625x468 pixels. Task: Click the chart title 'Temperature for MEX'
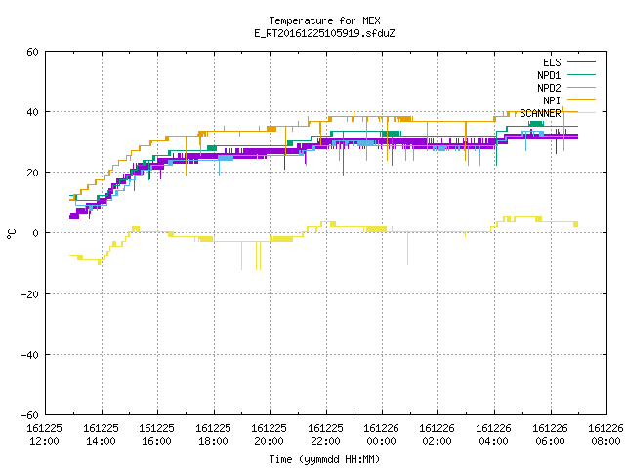click(x=324, y=20)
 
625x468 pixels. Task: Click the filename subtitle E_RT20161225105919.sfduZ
click(x=324, y=33)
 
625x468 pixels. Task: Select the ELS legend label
click(x=552, y=62)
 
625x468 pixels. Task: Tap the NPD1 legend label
click(x=549, y=75)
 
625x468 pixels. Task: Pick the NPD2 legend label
click(x=549, y=88)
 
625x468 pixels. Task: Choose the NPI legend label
click(x=552, y=100)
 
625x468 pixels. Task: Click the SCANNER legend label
click(x=540, y=113)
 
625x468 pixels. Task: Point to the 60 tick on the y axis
click(x=32, y=52)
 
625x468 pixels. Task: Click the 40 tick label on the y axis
click(x=32, y=112)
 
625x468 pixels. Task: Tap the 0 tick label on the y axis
click(x=35, y=233)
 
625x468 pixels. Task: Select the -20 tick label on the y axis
click(x=30, y=294)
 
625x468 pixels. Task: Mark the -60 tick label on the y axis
click(x=30, y=415)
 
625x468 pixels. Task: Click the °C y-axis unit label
click(x=11, y=234)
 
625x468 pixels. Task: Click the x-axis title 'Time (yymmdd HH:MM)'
click(x=324, y=459)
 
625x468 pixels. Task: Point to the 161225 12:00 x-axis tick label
click(x=45, y=435)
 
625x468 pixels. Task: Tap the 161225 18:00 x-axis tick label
click(x=213, y=435)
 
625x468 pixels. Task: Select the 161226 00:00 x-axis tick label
click(x=382, y=435)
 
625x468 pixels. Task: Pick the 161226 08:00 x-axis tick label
click(x=605, y=435)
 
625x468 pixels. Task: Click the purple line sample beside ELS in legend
click(x=582, y=62)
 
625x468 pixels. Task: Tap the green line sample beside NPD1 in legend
click(x=582, y=74)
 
